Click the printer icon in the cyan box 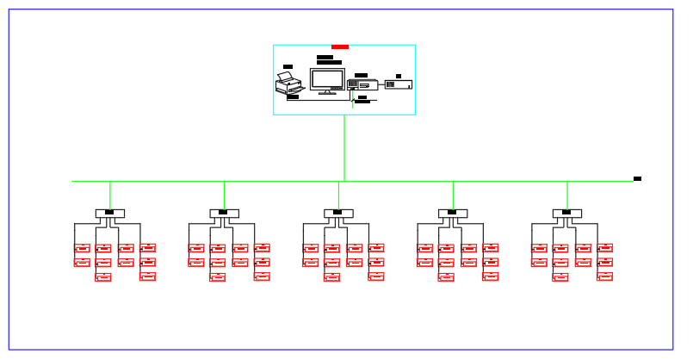coord(289,84)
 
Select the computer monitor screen coord(327,78)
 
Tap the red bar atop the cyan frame coord(340,47)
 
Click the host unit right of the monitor coord(362,84)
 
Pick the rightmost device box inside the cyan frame coord(398,84)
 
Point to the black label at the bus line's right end coord(637,178)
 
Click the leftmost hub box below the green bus coord(110,213)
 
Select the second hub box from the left coord(224,213)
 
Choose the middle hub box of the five coord(338,213)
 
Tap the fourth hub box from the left coord(453,213)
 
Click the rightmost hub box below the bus coord(566,213)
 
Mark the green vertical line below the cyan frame coord(344,146)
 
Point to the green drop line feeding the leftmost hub coord(110,195)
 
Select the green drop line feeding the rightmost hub coord(566,195)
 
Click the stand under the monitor coord(327,90)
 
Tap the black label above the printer coord(288,66)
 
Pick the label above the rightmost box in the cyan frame coord(399,76)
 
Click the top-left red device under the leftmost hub coord(82,248)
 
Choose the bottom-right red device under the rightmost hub coord(605,276)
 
